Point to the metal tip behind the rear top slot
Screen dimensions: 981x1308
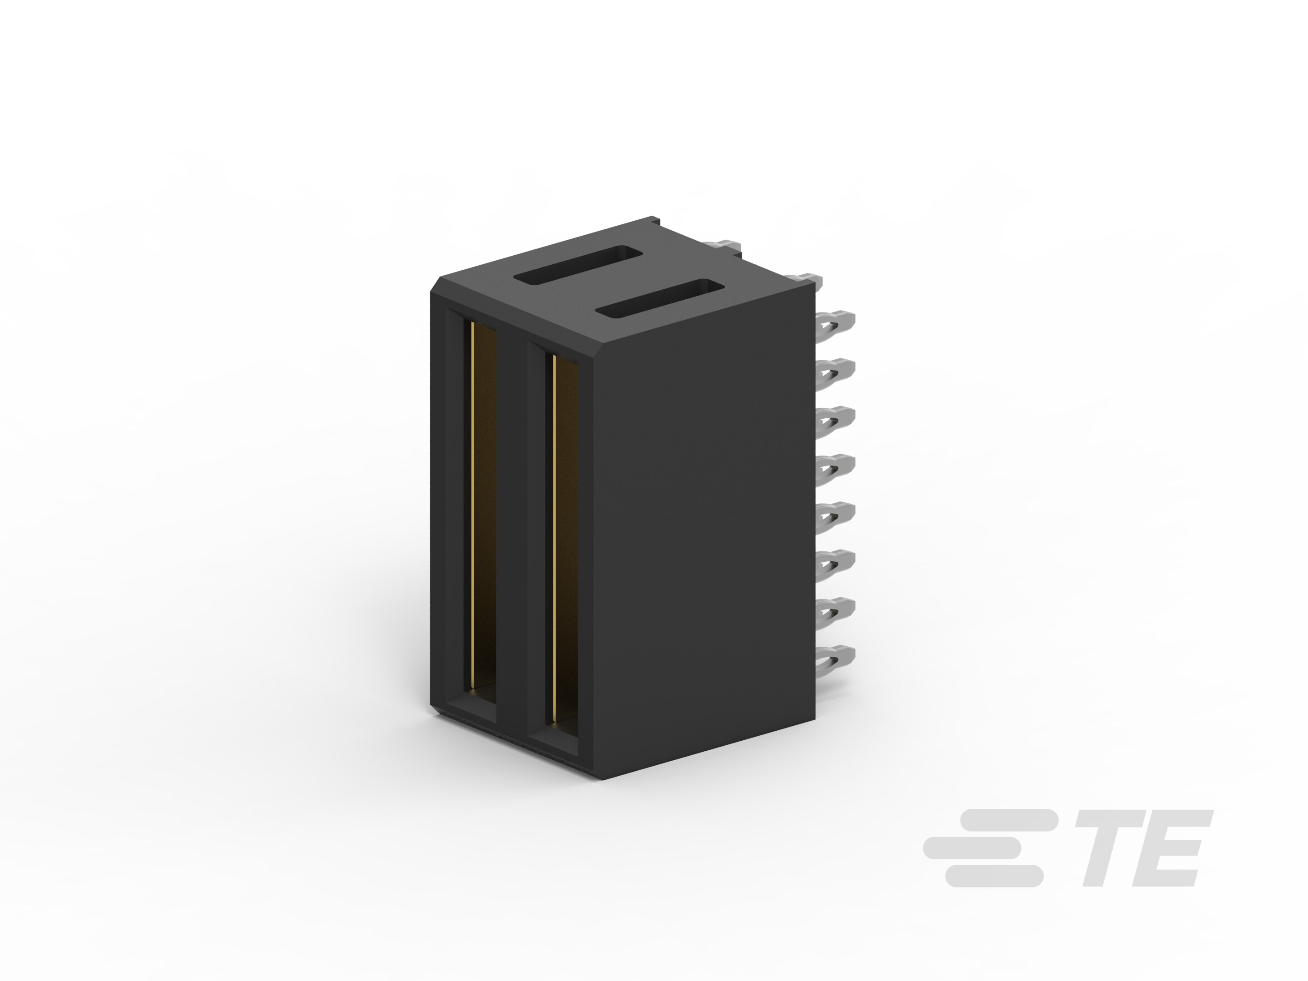tap(726, 245)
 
